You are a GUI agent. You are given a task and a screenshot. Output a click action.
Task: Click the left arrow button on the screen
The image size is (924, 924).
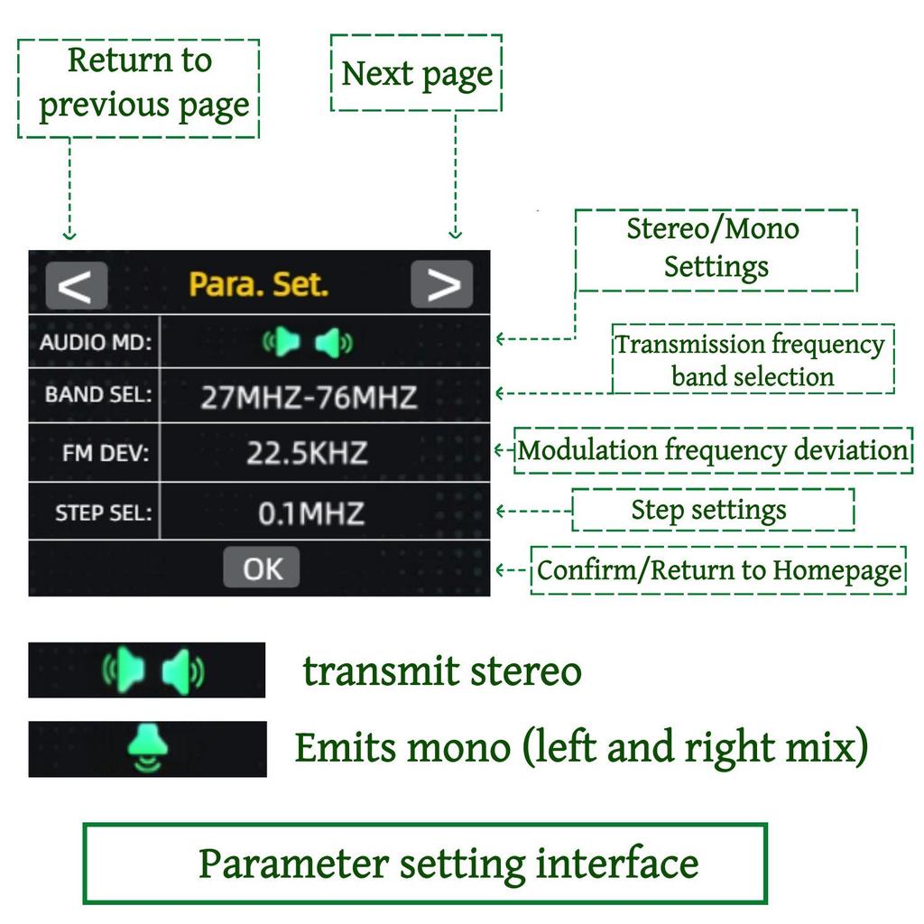[76, 285]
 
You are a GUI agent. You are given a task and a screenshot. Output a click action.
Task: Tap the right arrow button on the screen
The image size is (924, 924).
[441, 285]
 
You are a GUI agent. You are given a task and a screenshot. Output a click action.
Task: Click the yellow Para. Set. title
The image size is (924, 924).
[258, 285]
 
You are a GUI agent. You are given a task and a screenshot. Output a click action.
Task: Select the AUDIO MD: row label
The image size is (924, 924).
[96, 343]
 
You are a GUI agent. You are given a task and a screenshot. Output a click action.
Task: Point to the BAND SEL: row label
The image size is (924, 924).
[98, 395]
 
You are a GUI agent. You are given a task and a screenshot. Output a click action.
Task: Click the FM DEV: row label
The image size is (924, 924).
[106, 454]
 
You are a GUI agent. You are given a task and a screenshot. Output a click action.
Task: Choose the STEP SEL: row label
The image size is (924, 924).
[103, 513]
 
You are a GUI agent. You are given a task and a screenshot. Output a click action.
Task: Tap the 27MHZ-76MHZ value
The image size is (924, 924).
[309, 397]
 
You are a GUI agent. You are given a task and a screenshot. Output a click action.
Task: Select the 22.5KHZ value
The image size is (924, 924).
[307, 454]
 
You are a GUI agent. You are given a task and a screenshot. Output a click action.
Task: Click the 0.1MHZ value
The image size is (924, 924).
[310, 514]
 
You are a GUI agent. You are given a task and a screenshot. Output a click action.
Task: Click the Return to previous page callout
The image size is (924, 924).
[139, 86]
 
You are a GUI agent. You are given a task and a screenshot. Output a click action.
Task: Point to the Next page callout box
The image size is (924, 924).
[417, 74]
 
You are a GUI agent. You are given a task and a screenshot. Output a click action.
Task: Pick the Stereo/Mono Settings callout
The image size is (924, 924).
[716, 248]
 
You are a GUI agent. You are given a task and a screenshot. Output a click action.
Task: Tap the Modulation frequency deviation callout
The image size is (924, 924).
[712, 449]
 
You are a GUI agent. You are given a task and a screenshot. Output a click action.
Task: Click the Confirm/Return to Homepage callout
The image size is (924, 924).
[718, 570]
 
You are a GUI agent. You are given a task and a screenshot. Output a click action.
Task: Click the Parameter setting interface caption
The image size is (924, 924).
[448, 864]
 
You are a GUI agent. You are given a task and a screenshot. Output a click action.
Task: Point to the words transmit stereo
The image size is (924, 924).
[442, 672]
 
